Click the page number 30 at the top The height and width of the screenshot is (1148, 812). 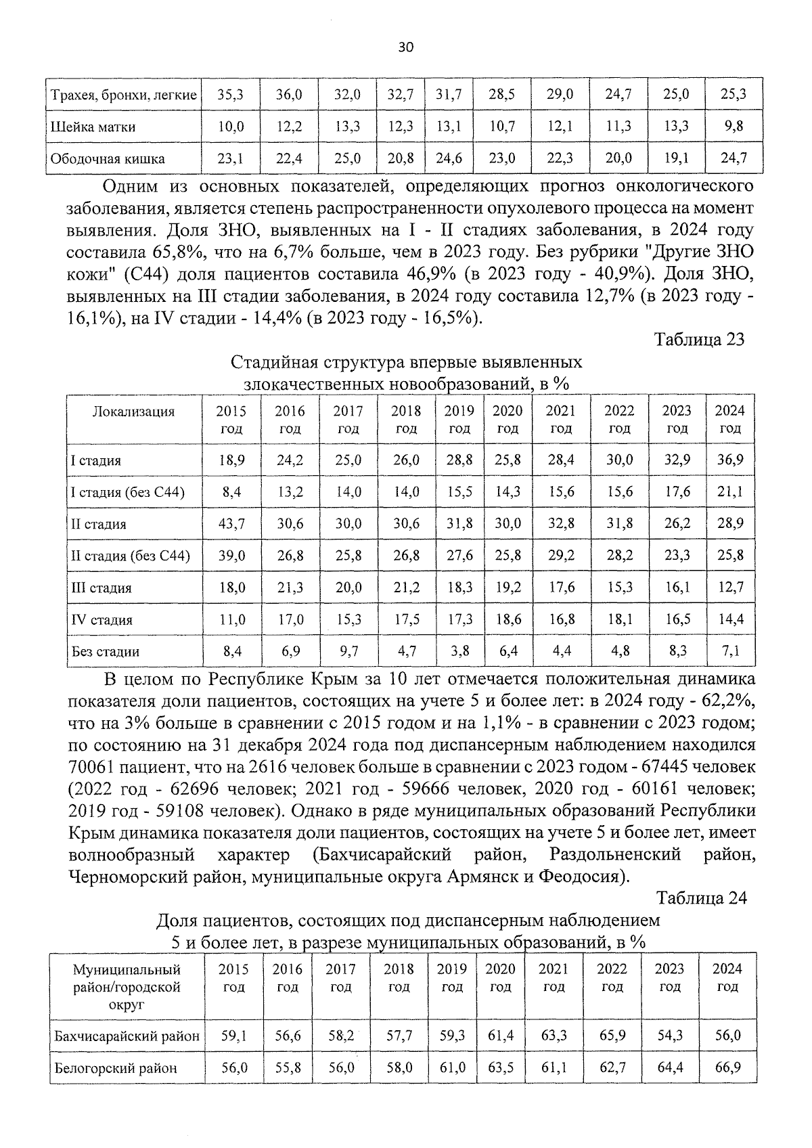[406, 47]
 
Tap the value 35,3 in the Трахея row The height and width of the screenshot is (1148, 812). [230, 95]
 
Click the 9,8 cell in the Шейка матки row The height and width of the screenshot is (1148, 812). [734, 127]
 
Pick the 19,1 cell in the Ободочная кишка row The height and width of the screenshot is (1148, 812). [676, 159]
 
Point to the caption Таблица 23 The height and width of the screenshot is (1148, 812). [699, 339]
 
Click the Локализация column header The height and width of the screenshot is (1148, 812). [133, 412]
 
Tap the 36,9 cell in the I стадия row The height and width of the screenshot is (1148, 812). [730, 460]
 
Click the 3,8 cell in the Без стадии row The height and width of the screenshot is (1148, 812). [459, 652]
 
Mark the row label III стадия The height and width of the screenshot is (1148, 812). [101, 588]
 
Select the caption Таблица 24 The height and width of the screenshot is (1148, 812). [701, 898]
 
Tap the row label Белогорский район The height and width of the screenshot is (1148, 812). [116, 1068]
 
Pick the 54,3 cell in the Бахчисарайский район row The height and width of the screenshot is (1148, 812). [670, 1036]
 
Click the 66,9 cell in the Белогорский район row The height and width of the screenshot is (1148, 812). [727, 1067]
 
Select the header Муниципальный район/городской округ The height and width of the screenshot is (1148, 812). [127, 987]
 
